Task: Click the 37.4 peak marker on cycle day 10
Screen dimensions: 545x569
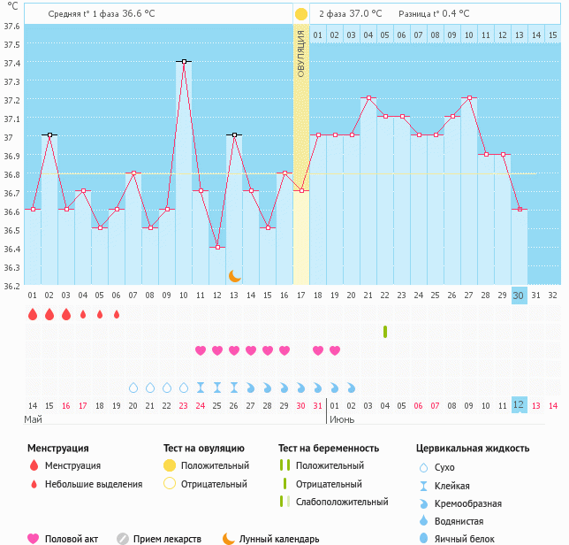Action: pos(184,61)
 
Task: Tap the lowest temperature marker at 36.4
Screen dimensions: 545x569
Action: pos(217,247)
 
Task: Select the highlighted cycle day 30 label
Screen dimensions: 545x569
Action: pos(519,296)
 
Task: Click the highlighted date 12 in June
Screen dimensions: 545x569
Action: pos(519,404)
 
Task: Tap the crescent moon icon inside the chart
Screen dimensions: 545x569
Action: pos(234,276)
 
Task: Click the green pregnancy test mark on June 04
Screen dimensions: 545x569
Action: pos(385,332)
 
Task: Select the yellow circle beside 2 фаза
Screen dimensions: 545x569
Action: pos(301,14)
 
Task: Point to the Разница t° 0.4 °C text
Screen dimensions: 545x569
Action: pos(434,14)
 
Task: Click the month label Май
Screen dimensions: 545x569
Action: pos(33,419)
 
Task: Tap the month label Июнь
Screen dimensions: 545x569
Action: pos(344,419)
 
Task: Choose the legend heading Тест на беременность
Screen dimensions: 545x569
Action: pos(329,449)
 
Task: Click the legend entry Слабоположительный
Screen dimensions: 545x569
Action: pos(342,502)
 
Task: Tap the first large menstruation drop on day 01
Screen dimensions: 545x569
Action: pos(33,314)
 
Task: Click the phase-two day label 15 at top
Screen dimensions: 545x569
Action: pos(552,35)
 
